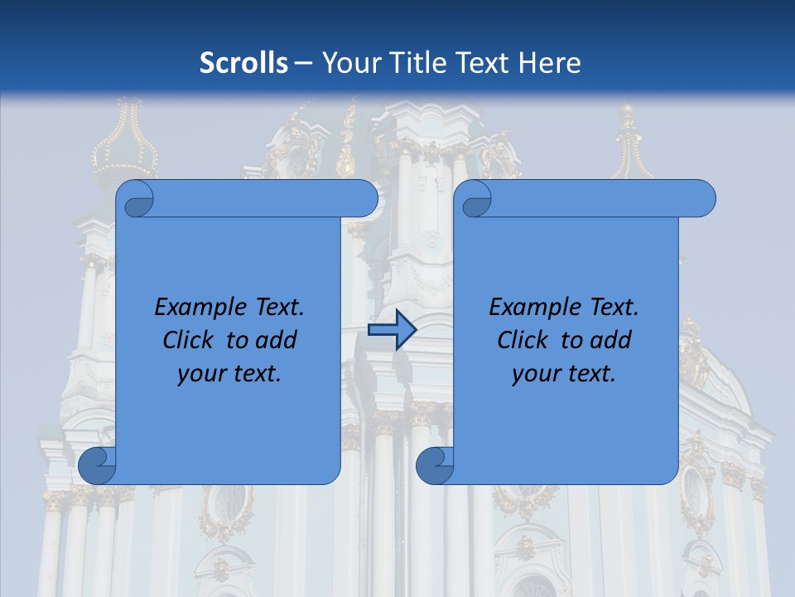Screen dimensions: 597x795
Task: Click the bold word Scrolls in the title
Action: tap(244, 62)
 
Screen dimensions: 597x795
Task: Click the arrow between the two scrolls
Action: tap(392, 330)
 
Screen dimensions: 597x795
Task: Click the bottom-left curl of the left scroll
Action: tap(97, 464)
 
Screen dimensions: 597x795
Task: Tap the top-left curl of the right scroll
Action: tap(476, 200)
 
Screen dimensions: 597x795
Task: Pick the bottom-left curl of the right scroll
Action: tap(434, 464)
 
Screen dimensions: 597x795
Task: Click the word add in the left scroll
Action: tap(277, 340)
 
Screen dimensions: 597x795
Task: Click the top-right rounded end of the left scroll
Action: tap(364, 199)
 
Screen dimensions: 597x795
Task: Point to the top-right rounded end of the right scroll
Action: tap(702, 199)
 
